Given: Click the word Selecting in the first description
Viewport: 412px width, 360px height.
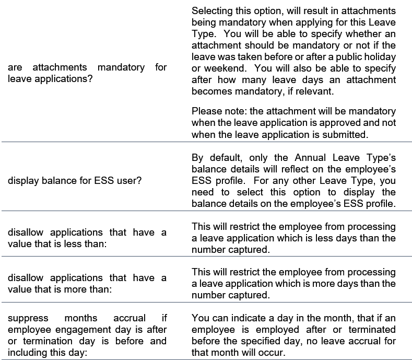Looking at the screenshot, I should (x=213, y=11).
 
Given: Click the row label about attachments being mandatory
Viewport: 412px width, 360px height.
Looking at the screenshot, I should (x=87, y=73).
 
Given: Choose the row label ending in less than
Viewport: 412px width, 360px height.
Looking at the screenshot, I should (x=87, y=238).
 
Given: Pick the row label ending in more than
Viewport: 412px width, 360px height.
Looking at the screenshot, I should (x=87, y=284).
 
